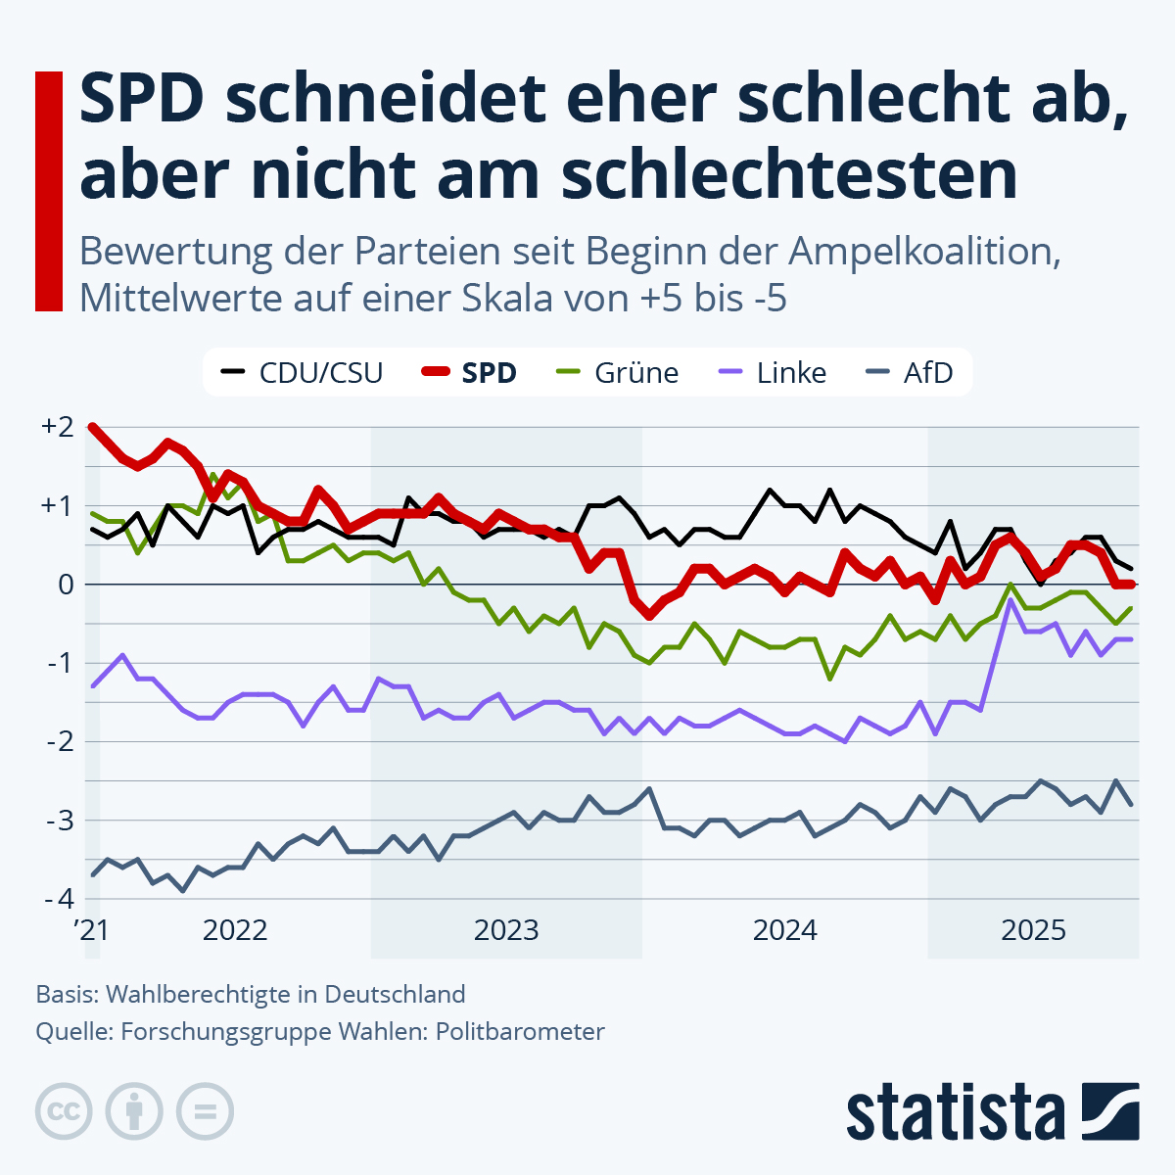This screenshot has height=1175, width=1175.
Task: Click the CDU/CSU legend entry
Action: (x=304, y=373)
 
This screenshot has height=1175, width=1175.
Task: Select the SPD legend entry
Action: (x=470, y=373)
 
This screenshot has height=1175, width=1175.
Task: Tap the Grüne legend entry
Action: (x=618, y=373)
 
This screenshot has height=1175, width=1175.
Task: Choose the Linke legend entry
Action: (x=774, y=373)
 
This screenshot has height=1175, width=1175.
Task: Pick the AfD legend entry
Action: (x=911, y=373)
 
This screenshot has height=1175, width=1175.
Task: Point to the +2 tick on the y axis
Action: (x=57, y=427)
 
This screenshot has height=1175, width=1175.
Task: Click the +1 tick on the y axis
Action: (x=57, y=506)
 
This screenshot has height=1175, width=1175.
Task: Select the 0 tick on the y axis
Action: (x=66, y=585)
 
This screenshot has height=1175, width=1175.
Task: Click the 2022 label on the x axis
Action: (x=235, y=930)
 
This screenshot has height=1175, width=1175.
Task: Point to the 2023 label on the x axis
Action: (x=506, y=930)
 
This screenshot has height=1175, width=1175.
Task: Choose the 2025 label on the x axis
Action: (x=1033, y=930)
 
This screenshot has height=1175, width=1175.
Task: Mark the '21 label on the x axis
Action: (x=92, y=930)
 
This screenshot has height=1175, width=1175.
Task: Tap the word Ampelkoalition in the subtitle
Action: (x=925, y=253)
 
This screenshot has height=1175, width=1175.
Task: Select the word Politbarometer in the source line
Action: (x=520, y=1031)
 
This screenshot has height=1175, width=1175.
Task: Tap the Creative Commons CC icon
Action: (x=64, y=1111)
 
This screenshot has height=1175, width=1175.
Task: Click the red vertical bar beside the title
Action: (x=49, y=191)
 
